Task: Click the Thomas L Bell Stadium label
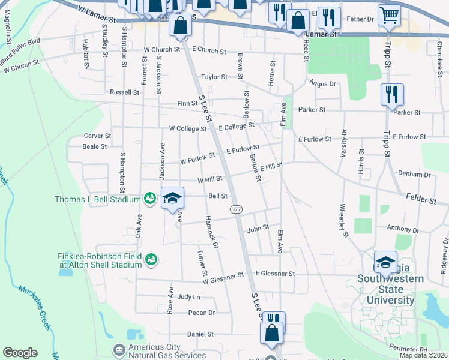click(98, 199)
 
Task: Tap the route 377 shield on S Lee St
click(236, 208)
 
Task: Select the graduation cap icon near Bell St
click(172, 199)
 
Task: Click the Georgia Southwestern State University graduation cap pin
click(385, 262)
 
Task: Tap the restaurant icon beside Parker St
click(392, 95)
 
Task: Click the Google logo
click(20, 353)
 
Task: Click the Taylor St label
click(214, 77)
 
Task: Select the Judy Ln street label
click(188, 296)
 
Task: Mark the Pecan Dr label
click(201, 313)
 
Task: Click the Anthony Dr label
click(402, 229)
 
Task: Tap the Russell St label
click(124, 92)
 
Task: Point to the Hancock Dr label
click(211, 228)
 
